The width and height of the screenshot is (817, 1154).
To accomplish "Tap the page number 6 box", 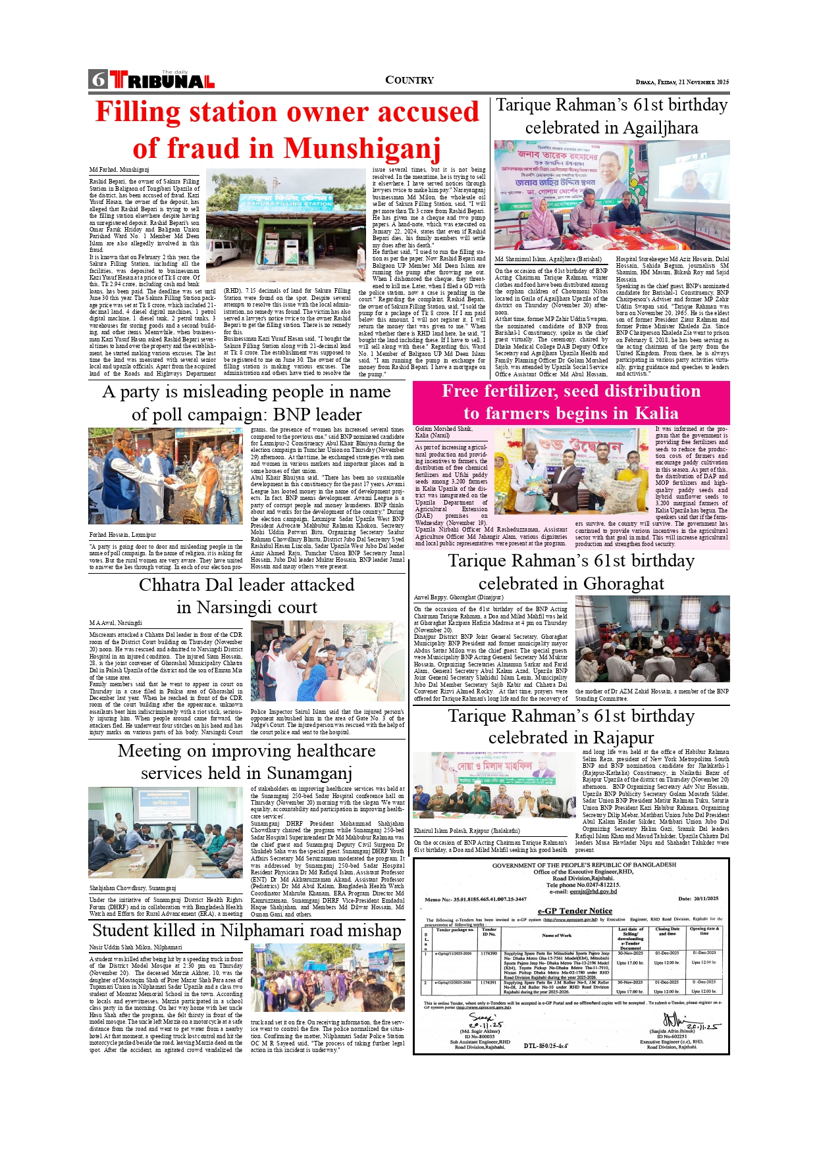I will click(x=98, y=80).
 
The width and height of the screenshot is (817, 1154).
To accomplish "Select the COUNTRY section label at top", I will click(x=409, y=80).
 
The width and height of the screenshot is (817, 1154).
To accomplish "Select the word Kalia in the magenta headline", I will click(x=655, y=413).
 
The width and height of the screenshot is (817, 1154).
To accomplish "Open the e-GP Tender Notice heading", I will click(x=575, y=911).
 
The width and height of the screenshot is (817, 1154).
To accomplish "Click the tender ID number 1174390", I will click(x=488, y=953).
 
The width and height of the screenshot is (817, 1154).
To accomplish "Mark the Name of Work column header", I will click(x=556, y=935).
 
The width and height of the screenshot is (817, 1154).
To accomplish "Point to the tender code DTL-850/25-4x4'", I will click(x=546, y=1045).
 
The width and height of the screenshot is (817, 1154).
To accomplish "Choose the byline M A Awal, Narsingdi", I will click(x=115, y=622).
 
